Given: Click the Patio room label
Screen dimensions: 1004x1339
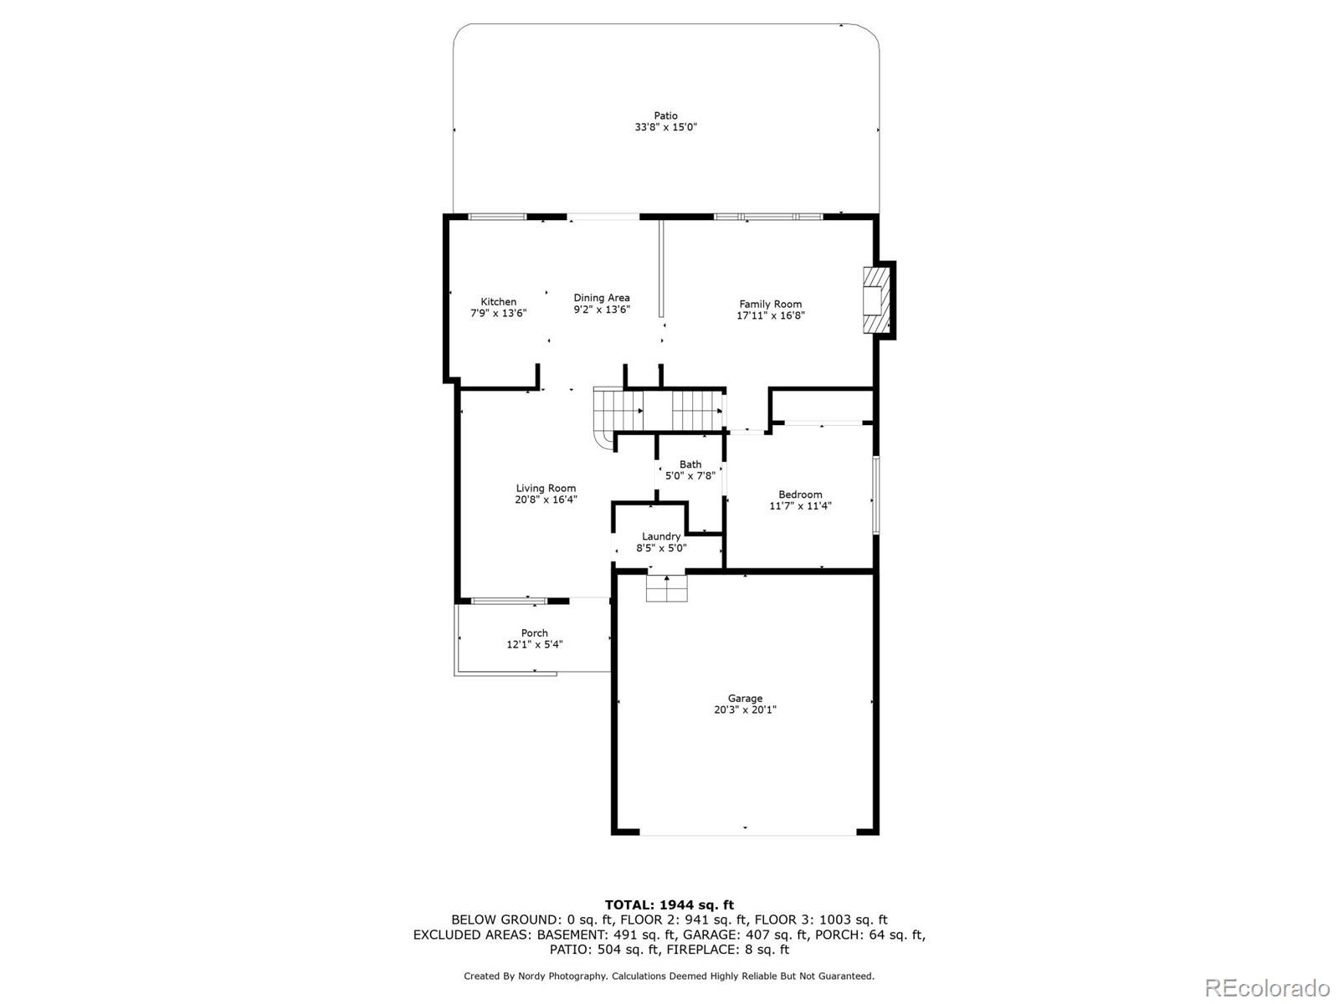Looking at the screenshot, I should tap(665, 115).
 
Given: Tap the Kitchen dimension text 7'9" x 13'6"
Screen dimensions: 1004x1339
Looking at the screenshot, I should tap(498, 314).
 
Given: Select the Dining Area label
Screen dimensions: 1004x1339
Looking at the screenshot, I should tap(601, 298).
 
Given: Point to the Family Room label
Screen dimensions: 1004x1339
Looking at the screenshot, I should tap(770, 305).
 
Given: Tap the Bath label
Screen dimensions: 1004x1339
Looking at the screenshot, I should tap(690, 464).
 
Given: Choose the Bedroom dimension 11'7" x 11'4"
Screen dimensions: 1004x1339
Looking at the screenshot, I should tap(800, 506).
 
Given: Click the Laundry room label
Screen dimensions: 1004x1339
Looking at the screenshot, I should tap(661, 536).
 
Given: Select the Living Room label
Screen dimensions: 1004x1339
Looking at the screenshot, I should tap(546, 489).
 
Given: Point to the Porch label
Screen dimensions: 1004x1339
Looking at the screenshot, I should tap(534, 633).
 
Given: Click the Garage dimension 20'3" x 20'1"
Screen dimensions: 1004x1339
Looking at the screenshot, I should tap(745, 709).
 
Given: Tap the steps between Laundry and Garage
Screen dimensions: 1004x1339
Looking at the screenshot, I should tap(666, 588).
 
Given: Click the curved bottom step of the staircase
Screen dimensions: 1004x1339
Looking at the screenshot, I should tap(603, 438).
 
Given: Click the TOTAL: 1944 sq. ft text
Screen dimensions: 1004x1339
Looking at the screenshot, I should tap(669, 904).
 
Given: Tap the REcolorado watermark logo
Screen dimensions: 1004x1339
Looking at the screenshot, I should tap(1267, 987).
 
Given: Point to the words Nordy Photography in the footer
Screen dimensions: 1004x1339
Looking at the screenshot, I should tap(567, 976).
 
